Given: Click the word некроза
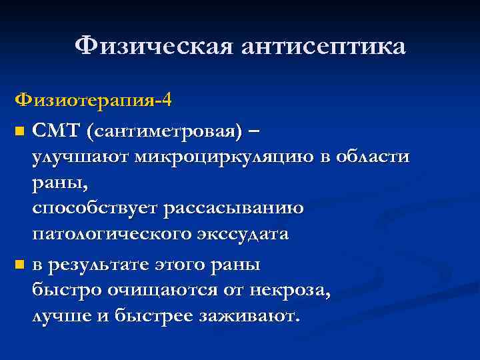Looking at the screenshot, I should tap(291, 291).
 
